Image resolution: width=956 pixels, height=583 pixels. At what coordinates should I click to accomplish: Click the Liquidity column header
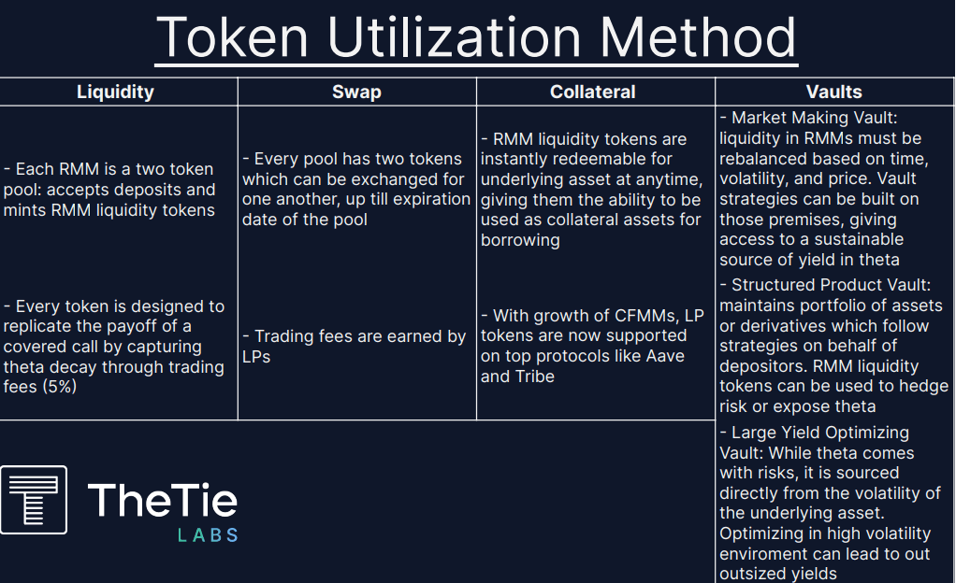click(x=115, y=92)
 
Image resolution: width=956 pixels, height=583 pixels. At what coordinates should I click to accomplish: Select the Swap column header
click(x=356, y=92)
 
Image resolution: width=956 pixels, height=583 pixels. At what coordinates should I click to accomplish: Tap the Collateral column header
click(x=593, y=92)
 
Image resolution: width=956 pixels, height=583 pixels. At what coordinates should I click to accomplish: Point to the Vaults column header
click(x=834, y=92)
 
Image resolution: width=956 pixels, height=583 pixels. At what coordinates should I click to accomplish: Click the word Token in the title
click(x=232, y=37)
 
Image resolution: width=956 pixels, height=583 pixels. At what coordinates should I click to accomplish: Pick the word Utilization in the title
click(x=454, y=37)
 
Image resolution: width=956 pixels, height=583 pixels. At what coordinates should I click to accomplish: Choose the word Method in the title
click(x=698, y=37)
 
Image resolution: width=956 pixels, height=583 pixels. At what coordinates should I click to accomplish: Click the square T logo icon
click(x=34, y=500)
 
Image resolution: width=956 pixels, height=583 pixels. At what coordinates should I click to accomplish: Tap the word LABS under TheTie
click(x=208, y=535)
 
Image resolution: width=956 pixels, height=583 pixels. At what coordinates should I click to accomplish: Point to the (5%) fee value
click(x=59, y=387)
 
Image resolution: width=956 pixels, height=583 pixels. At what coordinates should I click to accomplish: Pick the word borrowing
click(x=520, y=240)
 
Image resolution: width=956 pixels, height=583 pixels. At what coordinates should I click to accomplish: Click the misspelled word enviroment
click(x=762, y=554)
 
